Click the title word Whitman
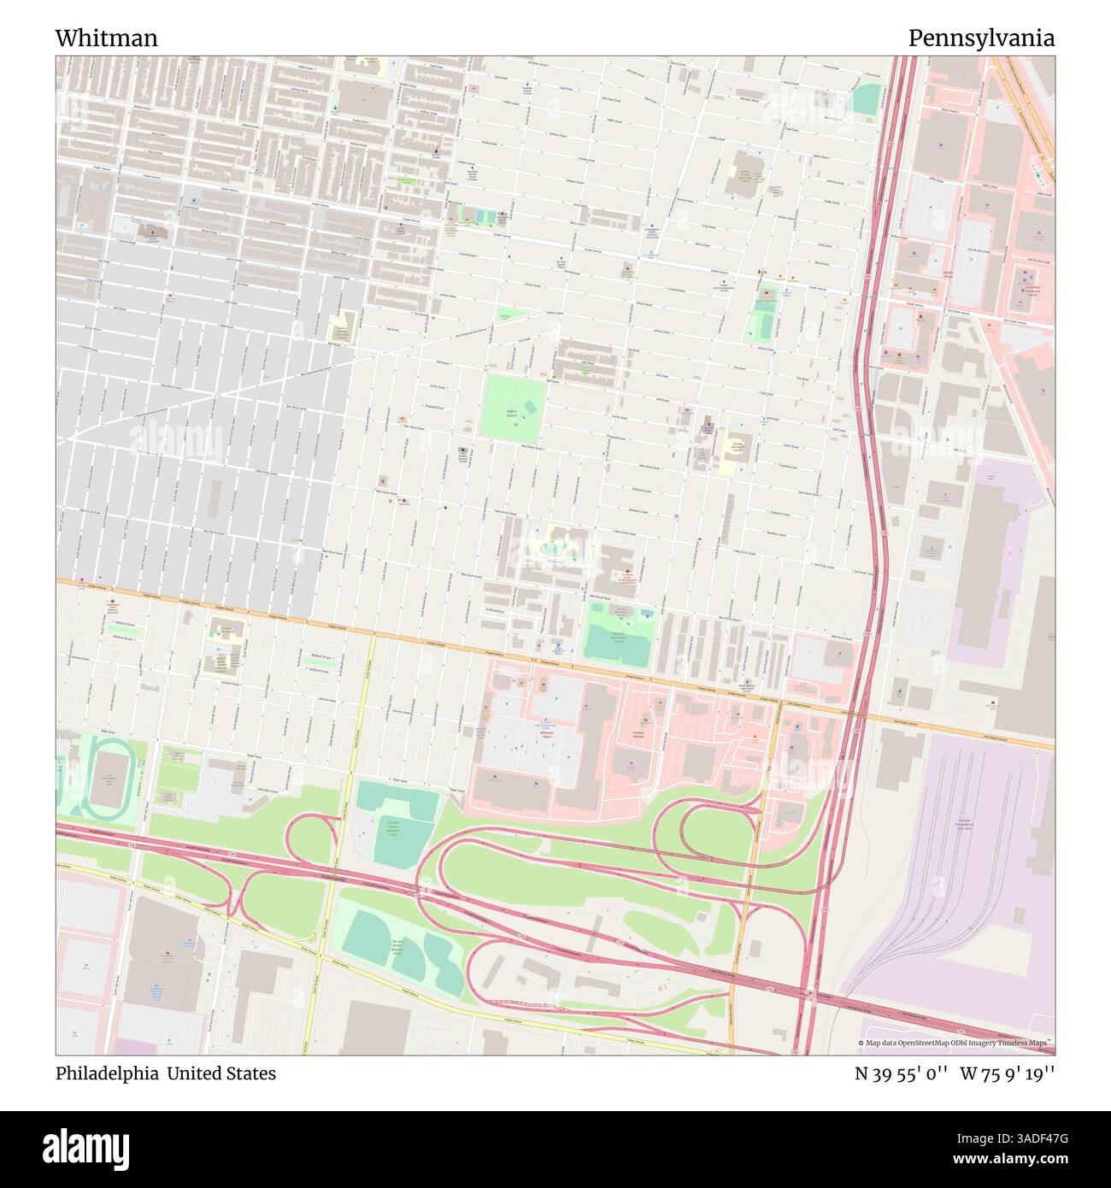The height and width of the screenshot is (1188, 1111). tap(106, 38)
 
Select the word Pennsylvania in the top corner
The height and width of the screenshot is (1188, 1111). tap(980, 38)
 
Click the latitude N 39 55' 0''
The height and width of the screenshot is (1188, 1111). tap(901, 1073)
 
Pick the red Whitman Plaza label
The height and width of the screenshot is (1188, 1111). tap(547, 733)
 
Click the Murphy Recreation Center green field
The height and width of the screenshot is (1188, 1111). tap(617, 636)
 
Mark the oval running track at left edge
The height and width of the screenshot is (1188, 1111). tap(107, 779)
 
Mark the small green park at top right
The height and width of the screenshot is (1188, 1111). tap(867, 100)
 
